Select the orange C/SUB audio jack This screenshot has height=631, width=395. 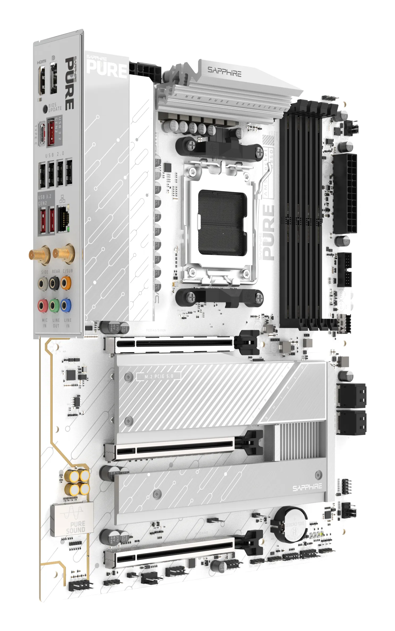coord(66,283)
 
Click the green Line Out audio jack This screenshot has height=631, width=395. coord(54,306)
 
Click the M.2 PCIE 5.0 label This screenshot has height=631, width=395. coord(159,376)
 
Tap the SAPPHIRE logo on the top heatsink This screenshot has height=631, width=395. coord(224,72)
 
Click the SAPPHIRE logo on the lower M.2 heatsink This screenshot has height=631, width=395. coord(307,487)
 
